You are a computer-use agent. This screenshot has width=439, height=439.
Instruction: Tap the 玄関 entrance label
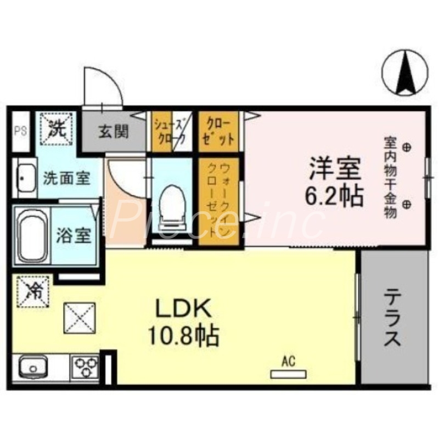click(x=114, y=132)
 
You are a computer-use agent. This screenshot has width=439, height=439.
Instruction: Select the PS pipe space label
click(x=21, y=131)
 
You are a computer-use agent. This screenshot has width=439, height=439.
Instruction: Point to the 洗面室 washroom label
click(x=66, y=178)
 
